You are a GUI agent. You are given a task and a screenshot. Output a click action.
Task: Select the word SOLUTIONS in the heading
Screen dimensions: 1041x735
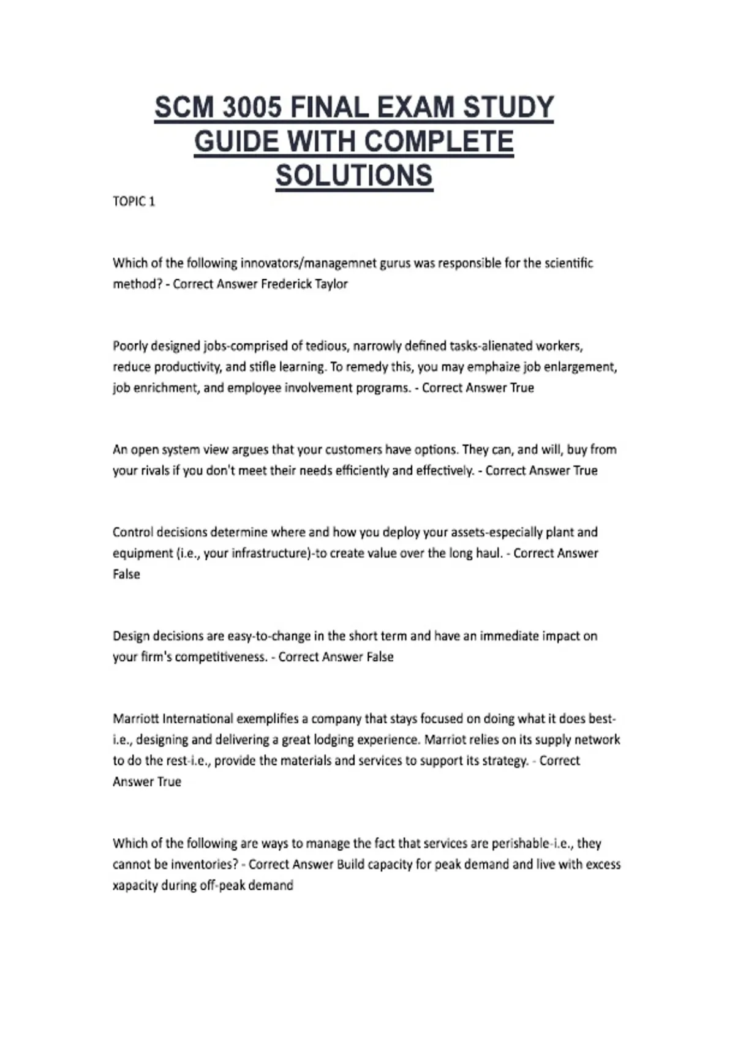click(354, 176)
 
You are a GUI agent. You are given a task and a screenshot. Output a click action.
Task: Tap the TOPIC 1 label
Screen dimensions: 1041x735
click(134, 201)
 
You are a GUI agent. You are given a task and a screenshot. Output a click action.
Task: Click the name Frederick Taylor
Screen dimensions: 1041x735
click(304, 284)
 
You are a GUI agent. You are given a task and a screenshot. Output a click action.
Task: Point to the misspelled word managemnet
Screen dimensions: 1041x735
click(341, 263)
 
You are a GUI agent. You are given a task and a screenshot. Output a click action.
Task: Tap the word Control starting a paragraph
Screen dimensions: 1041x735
click(132, 532)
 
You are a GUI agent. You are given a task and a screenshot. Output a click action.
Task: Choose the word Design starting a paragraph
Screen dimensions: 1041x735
click(130, 636)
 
